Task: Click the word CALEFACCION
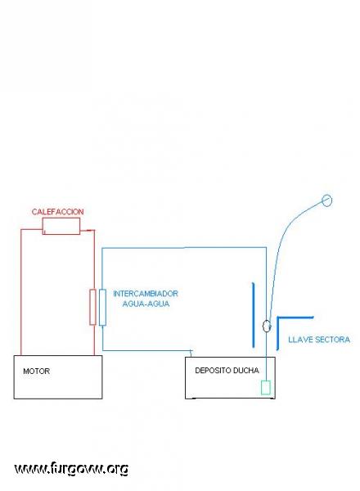coord(57,212)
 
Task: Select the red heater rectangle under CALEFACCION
coord(61,226)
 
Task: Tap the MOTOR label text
coord(36,371)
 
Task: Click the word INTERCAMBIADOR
coord(146,294)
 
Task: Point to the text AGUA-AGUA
coord(146,304)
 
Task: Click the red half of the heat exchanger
coord(92,307)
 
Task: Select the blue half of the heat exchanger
coord(102,308)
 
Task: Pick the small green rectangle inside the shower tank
coord(266,387)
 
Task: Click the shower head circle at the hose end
coord(326,200)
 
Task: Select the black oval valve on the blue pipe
coord(267,326)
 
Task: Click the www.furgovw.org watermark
coord(71,469)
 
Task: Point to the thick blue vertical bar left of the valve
coord(254,315)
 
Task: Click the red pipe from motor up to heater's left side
coord(21,291)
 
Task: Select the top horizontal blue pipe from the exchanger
coord(184,248)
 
